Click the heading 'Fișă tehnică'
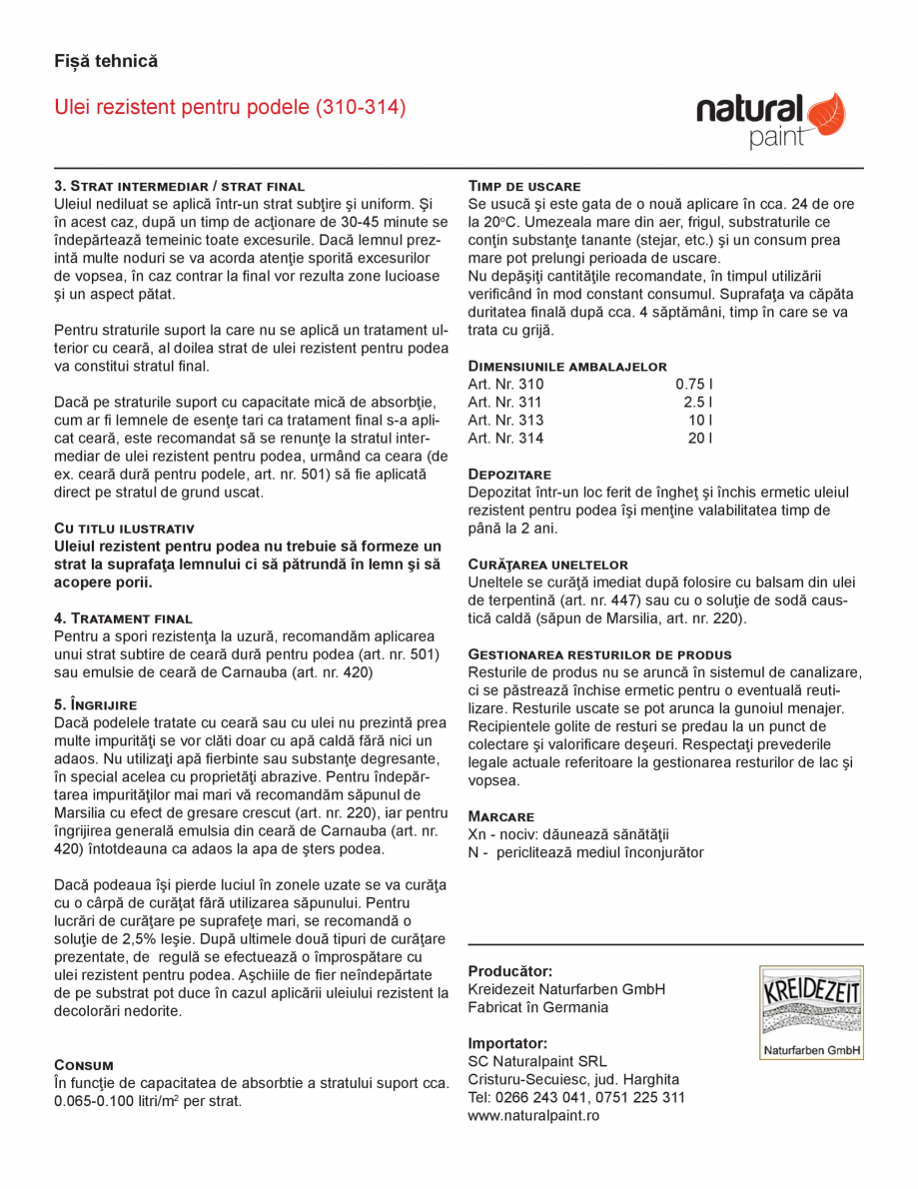click(x=106, y=61)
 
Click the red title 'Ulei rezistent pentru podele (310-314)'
click(x=230, y=107)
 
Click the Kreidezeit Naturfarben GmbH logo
click(x=810, y=1012)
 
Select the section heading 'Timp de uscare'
click(x=524, y=186)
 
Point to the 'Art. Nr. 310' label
click(x=506, y=384)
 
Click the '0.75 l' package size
click(x=694, y=384)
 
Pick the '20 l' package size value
click(x=699, y=438)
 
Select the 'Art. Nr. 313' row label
click(x=506, y=420)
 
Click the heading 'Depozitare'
click(x=509, y=474)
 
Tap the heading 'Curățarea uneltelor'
click(x=548, y=565)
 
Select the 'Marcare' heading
click(x=501, y=816)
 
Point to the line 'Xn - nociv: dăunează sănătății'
click(x=568, y=834)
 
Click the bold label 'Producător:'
click(x=510, y=971)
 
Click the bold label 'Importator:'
click(x=507, y=1043)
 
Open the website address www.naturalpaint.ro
click(x=533, y=1115)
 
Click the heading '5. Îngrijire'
click(x=95, y=704)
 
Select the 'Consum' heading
click(x=84, y=1065)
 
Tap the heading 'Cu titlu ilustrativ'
click(x=124, y=528)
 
